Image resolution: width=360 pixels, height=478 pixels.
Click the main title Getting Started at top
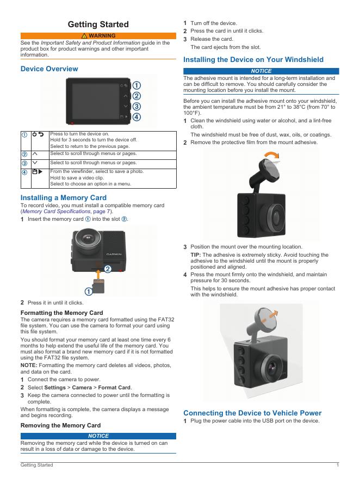click(x=98, y=24)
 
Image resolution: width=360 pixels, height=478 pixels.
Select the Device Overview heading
click(x=49, y=69)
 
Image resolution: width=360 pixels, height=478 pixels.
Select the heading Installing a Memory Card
click(x=63, y=198)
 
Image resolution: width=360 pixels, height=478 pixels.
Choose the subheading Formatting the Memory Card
click(x=61, y=313)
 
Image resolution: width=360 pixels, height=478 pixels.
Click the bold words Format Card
click(x=117, y=387)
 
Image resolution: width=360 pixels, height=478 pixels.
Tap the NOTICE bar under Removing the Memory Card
click(x=98, y=436)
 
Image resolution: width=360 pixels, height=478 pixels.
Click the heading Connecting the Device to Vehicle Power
click(x=260, y=413)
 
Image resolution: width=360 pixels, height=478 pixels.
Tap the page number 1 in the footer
click(x=338, y=465)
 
